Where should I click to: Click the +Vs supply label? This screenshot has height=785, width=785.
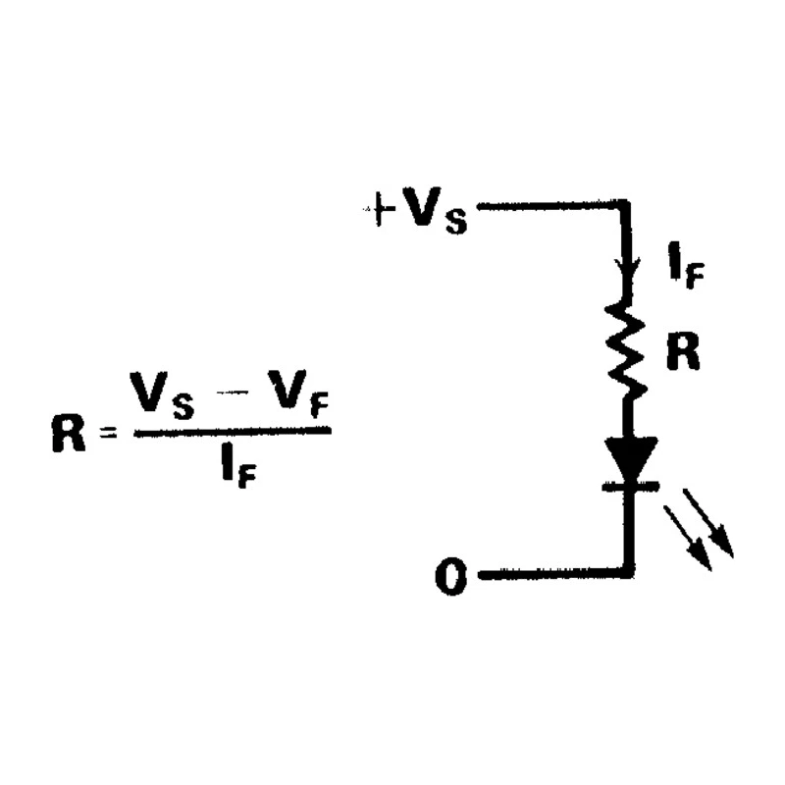(x=416, y=210)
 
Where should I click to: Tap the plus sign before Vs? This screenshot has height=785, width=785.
(x=379, y=209)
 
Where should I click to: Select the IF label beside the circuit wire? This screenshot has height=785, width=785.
(x=687, y=265)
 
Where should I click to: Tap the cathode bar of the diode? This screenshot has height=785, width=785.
(x=631, y=486)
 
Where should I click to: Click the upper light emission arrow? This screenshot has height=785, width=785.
(x=708, y=523)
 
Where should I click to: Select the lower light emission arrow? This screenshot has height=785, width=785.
(x=688, y=538)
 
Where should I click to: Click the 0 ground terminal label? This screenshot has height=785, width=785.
(x=451, y=576)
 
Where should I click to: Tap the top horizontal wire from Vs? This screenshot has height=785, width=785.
(x=550, y=205)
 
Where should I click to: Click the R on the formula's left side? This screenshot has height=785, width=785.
(x=68, y=434)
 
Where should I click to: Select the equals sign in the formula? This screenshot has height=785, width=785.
(x=108, y=433)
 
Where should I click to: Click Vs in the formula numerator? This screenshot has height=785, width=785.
(x=161, y=395)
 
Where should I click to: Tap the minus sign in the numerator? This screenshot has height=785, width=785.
(x=232, y=392)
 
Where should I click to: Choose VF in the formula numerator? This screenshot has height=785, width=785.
(x=298, y=394)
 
